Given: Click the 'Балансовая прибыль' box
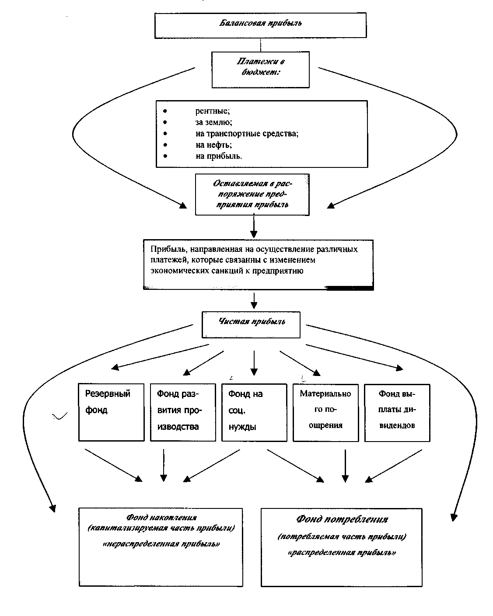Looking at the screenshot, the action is tap(260, 25).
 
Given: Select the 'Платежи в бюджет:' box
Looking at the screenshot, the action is tap(260, 70).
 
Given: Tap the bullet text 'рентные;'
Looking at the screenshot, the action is tap(213, 111).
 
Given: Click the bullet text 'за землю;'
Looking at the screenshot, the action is tap(214, 122).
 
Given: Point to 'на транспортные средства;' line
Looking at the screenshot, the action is tap(247, 134).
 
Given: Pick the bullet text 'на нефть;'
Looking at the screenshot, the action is tap(214, 145).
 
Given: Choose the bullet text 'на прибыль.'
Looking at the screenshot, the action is tap(219, 156).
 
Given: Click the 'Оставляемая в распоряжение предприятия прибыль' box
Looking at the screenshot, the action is tap(252, 195).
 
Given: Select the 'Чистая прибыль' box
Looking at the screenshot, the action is tap(251, 324).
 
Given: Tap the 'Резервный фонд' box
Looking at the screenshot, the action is tap(112, 412).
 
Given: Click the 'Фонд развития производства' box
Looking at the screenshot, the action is tap(183, 412).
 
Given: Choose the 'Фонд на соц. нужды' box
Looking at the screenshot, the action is tap(255, 412).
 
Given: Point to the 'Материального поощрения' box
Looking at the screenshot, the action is tap(326, 413).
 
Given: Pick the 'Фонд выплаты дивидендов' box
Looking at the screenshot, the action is tap(397, 413).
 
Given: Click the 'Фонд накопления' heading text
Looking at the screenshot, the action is tap(161, 517).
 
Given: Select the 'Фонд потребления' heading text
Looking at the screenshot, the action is tap(342, 519).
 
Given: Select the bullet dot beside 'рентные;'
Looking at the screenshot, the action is tap(165, 111).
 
